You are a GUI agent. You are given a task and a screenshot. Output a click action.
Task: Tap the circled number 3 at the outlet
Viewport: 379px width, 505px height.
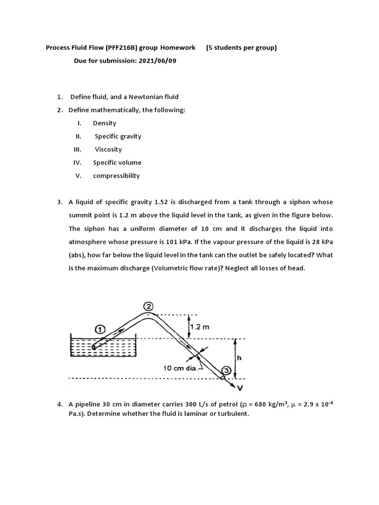pyautogui.click(x=226, y=370)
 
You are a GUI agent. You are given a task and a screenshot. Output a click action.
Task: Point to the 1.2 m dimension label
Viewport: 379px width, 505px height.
pyautogui.click(x=200, y=326)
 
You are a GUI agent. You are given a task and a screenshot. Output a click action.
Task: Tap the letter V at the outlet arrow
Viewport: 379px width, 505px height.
pyautogui.click(x=240, y=387)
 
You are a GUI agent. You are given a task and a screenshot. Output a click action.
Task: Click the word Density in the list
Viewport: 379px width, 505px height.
pyautogui.click(x=105, y=123)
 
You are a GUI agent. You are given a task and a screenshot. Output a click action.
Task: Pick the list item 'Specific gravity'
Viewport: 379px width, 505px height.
pyautogui.click(x=118, y=136)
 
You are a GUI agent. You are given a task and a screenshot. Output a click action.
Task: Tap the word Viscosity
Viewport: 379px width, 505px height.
pyautogui.click(x=108, y=149)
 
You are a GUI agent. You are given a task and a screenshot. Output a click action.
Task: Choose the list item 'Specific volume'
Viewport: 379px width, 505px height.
pyautogui.click(x=117, y=162)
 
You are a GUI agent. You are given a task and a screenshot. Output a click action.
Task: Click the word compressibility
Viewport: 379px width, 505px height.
pyautogui.click(x=116, y=176)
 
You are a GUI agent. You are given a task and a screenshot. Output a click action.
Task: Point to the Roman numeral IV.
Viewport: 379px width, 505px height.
pyautogui.click(x=79, y=162)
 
